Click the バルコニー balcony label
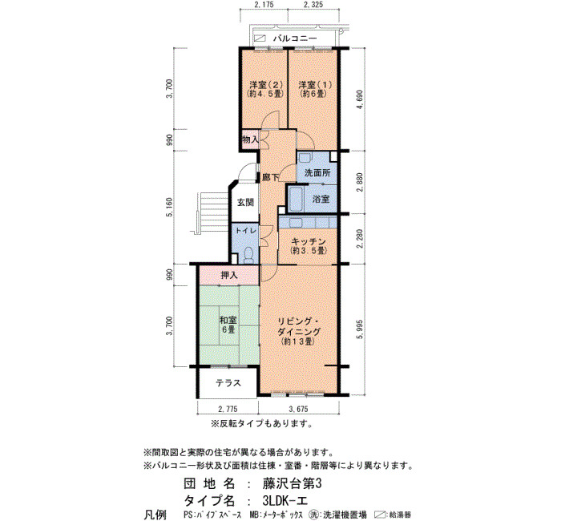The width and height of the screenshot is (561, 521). (x=295, y=38)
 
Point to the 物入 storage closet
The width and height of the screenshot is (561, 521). (x=250, y=139)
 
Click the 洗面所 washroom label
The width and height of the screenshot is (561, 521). (x=317, y=173)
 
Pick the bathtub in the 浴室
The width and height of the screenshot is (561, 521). (x=297, y=199)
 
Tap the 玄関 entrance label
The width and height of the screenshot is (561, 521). (x=245, y=202)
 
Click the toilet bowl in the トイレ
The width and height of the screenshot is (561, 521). (x=248, y=255)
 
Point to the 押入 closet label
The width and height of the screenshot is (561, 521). (x=229, y=275)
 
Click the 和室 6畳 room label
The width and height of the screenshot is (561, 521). (x=228, y=325)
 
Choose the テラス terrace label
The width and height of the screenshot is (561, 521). (x=228, y=383)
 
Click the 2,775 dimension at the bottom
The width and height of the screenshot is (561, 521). (x=228, y=409)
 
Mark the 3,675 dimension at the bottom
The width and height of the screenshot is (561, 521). (x=298, y=409)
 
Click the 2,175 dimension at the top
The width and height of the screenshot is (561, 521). (x=264, y=5)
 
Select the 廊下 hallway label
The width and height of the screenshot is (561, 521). (x=271, y=177)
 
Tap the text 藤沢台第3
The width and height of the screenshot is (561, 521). (x=293, y=484)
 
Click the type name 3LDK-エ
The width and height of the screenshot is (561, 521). (x=285, y=500)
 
